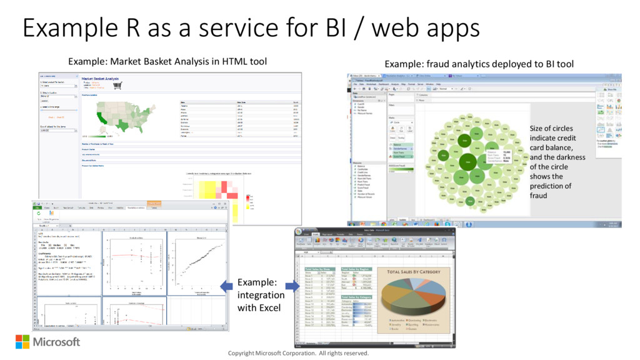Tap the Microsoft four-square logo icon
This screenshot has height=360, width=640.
point(22,341)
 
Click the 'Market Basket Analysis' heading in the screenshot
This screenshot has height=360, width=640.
point(99,79)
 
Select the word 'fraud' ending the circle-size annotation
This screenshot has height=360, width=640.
point(538,196)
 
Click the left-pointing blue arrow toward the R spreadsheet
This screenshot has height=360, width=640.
point(226,286)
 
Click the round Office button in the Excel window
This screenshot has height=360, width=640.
point(299,232)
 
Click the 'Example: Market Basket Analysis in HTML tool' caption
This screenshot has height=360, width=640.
point(167,61)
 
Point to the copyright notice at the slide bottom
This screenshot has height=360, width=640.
point(298,353)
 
